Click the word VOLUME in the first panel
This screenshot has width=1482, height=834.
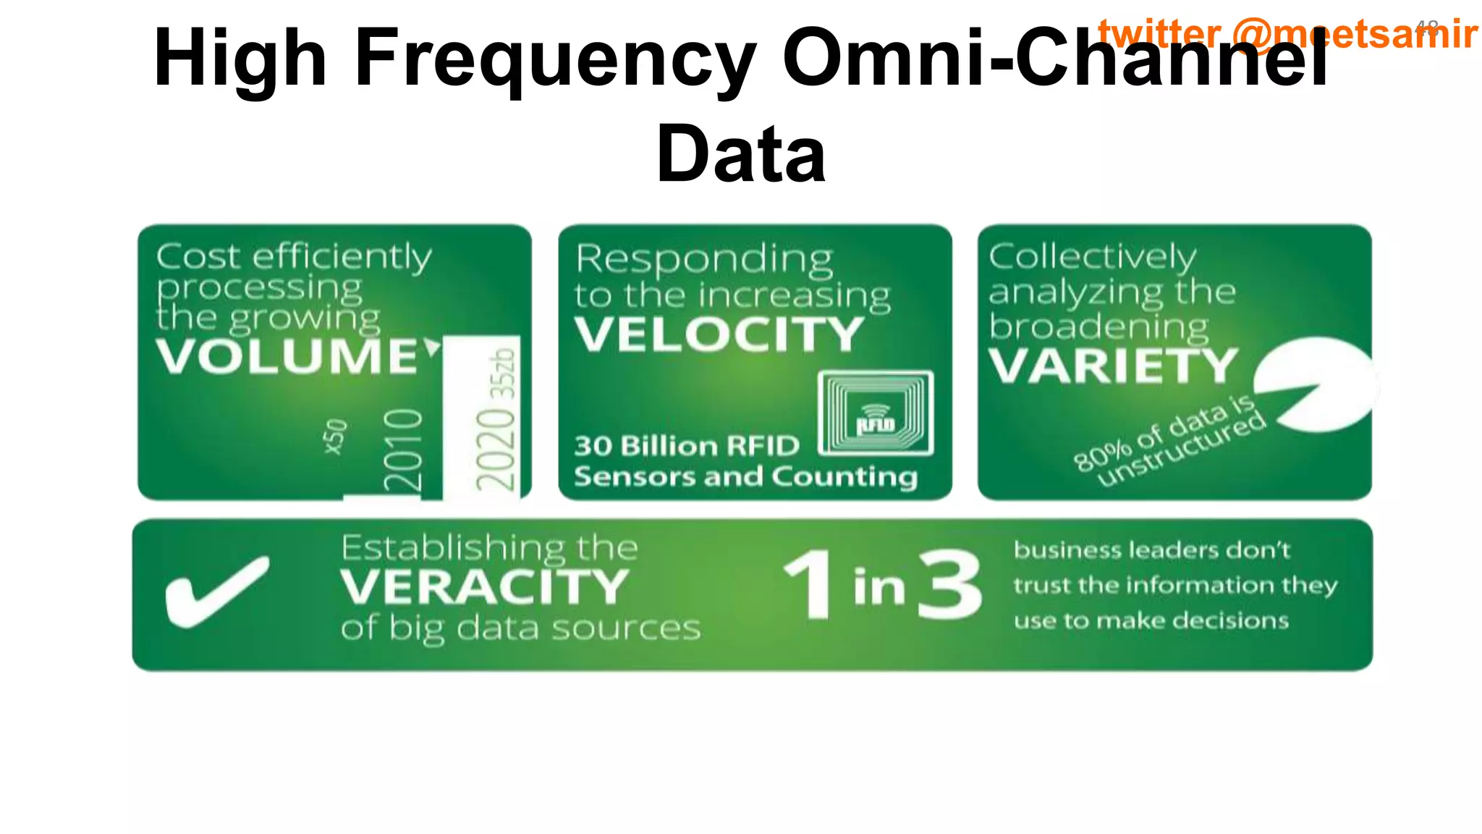click(287, 356)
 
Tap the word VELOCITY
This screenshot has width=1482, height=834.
click(719, 334)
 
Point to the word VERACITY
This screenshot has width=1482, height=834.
click(484, 586)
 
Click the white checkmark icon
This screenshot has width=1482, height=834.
click(216, 590)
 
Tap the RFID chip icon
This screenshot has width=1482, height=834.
click(876, 413)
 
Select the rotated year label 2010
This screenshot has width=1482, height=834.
click(403, 450)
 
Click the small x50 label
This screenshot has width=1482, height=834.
click(335, 437)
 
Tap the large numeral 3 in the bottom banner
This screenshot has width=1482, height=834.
click(949, 585)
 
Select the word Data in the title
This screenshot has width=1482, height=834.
click(740, 153)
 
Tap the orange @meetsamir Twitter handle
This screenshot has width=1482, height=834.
click(1353, 34)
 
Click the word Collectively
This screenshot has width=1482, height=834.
click(1092, 256)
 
